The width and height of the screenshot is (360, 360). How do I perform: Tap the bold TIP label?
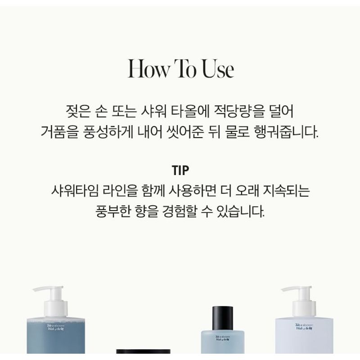tap(180, 171)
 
